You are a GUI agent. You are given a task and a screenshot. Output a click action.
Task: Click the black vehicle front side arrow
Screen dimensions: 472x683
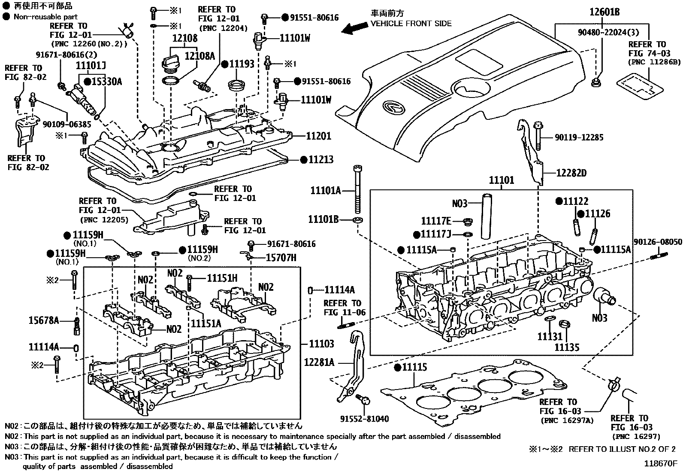(x=354, y=28)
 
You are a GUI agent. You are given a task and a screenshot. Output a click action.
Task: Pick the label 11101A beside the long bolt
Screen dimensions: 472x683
(x=325, y=190)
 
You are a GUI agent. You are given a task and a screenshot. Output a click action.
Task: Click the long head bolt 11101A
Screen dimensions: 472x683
(x=356, y=189)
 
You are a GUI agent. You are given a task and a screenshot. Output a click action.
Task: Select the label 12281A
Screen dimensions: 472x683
(x=319, y=362)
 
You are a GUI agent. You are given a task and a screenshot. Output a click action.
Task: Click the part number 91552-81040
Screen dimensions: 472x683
(x=365, y=419)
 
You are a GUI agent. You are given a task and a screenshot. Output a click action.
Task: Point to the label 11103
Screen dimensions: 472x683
(x=322, y=344)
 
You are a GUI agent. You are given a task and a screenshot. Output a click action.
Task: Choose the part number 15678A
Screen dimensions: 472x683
(x=44, y=320)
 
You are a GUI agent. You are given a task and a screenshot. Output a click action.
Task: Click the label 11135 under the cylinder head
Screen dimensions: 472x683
(x=567, y=347)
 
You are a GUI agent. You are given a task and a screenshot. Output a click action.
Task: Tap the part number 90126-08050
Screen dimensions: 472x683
(x=658, y=242)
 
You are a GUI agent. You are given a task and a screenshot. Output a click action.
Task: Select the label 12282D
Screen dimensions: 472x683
(x=571, y=173)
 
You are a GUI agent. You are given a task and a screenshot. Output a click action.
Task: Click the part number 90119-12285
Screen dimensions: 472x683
(x=579, y=137)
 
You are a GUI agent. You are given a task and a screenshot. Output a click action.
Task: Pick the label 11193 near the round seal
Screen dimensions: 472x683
(x=242, y=64)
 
